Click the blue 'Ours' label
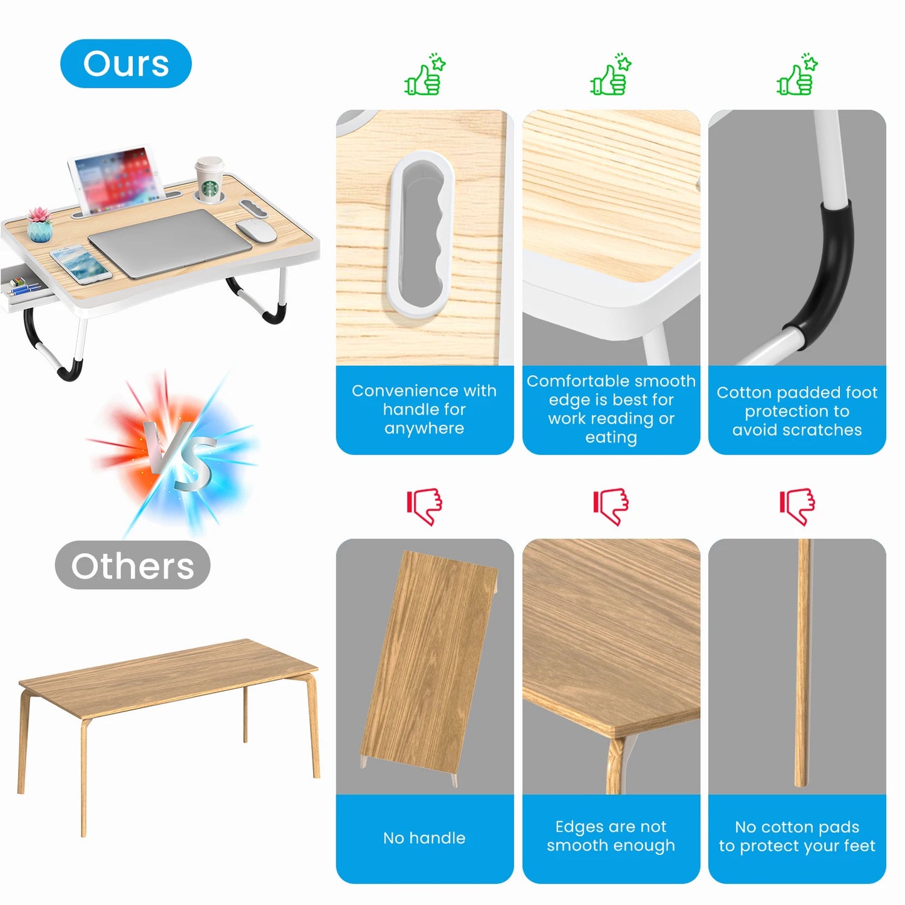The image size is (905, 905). coord(126,63)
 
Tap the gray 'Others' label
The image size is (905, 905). coord(132,566)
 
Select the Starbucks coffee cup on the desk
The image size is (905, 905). coord(209,179)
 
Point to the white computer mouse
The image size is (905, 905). coord(256,230)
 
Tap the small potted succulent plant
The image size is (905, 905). coord(39,225)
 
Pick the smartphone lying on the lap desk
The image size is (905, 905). coord(81,264)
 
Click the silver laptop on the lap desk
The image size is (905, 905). coord(170,243)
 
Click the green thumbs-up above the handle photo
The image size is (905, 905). coord(425,75)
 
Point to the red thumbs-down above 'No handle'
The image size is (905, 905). coord(425,505)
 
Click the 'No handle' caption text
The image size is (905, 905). coord(424,838)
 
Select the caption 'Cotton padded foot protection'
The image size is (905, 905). coord(797,411)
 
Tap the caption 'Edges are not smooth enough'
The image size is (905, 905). coord(611,836)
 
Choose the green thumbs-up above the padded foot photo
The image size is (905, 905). coord(797,75)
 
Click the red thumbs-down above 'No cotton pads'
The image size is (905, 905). coord(797,505)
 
